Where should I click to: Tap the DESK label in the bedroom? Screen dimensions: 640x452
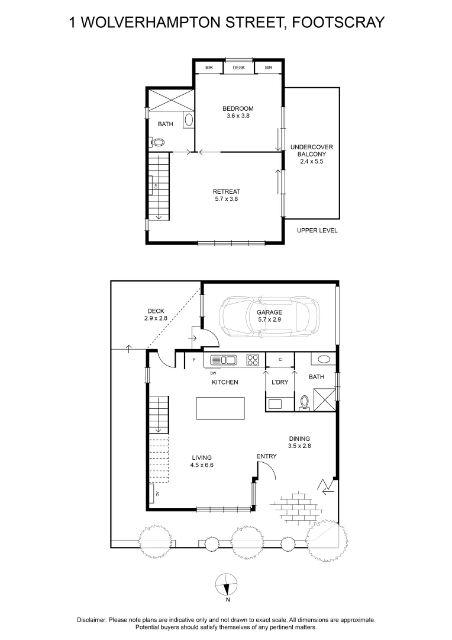(x=238, y=68)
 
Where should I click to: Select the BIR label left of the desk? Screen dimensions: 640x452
(x=209, y=68)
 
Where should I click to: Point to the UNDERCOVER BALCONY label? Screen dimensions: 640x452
(x=311, y=153)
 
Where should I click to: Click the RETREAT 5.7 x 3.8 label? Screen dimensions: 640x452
(x=227, y=195)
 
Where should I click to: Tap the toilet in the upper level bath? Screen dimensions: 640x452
(x=157, y=142)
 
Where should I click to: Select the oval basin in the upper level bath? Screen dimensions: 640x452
(x=189, y=120)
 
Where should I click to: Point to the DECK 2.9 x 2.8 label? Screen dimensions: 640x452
(x=156, y=315)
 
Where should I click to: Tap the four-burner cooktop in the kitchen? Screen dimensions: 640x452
(x=252, y=359)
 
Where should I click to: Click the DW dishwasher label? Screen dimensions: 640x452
(x=213, y=373)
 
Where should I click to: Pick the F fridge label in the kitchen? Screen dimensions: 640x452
(x=193, y=359)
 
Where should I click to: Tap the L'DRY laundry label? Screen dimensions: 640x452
(x=279, y=382)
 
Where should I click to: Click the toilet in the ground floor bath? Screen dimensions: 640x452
(x=304, y=402)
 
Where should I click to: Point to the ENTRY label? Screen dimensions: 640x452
(x=266, y=456)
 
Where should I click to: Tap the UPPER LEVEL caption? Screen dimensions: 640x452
(x=317, y=231)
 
